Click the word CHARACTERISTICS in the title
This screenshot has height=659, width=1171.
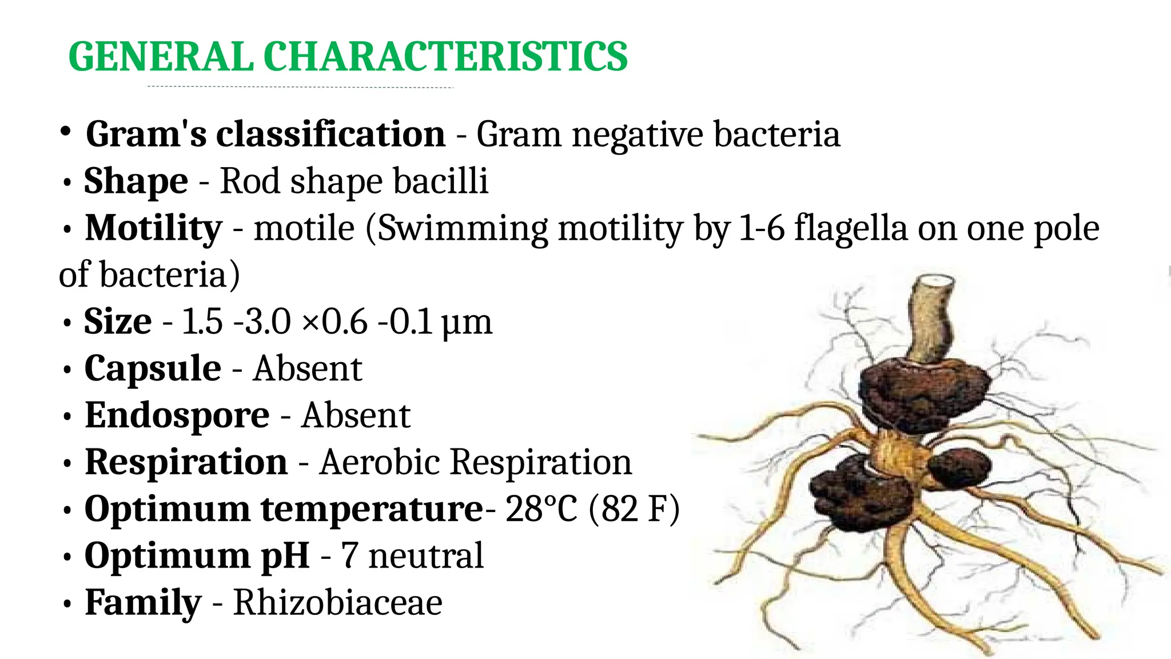(x=445, y=57)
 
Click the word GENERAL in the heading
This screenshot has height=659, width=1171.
(x=161, y=57)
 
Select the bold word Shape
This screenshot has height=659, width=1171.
(x=136, y=181)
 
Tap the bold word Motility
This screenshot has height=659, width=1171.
(x=153, y=228)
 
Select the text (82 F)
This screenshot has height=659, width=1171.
(x=634, y=509)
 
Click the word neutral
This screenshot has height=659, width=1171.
(x=426, y=555)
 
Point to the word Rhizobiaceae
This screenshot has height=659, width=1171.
(x=337, y=602)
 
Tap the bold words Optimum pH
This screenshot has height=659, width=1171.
(x=197, y=555)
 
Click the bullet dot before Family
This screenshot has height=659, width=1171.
(x=67, y=605)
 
